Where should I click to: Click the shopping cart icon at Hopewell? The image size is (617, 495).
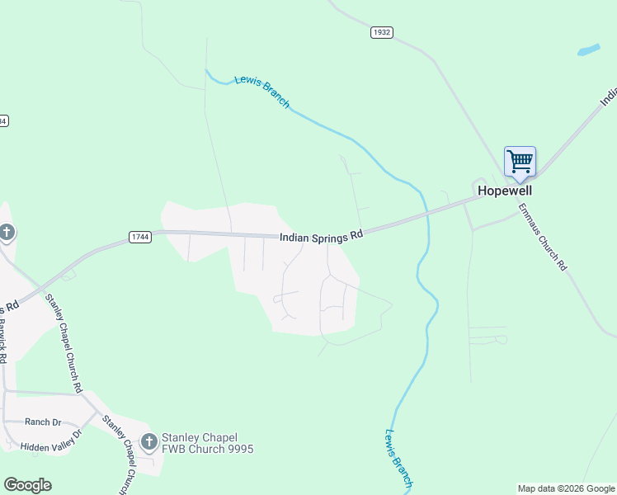coord(520,161)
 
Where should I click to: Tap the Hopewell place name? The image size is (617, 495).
coord(505,191)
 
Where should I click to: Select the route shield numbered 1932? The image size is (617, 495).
coord(381,32)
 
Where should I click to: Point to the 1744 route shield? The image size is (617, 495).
coord(140,237)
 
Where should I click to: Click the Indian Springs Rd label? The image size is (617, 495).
coord(321,236)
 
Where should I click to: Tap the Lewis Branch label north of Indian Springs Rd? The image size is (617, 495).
coord(261,92)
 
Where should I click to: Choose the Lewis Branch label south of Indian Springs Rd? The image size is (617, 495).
coord(398,459)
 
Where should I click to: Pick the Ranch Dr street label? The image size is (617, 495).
coord(43,422)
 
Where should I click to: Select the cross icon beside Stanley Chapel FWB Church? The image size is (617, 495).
coord(148,442)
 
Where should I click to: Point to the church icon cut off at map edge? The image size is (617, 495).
coord(6,233)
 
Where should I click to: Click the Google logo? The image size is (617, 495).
coord(27,485)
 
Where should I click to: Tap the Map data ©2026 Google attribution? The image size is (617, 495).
coord(566,488)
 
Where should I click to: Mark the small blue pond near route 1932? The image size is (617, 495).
coord(588,49)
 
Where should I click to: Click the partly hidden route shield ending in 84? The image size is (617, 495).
coord(3,120)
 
